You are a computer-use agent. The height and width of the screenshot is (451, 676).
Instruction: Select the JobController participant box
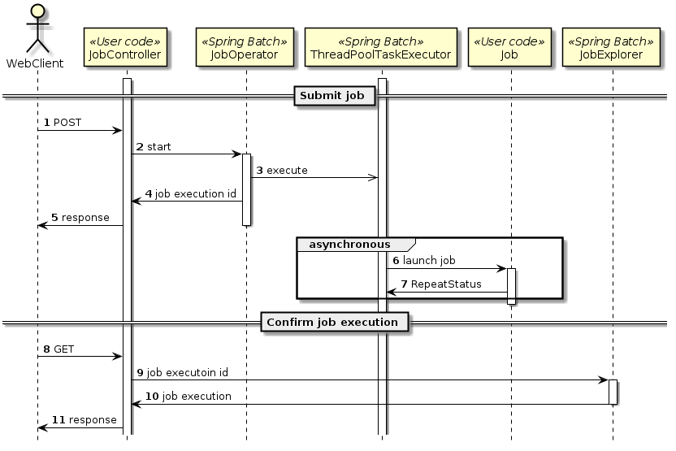[127, 48]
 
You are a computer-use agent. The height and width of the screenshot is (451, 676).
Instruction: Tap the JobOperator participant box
[245, 48]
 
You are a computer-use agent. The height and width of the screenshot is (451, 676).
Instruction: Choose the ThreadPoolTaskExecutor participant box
[380, 48]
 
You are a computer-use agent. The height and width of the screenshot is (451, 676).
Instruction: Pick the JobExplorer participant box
[611, 48]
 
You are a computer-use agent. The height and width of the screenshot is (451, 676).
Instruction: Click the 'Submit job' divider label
[334, 96]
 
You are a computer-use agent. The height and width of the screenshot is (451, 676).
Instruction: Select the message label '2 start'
[154, 147]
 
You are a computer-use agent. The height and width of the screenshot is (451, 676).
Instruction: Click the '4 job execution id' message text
[191, 194]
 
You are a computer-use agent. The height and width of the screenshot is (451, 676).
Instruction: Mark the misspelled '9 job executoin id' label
[182, 372]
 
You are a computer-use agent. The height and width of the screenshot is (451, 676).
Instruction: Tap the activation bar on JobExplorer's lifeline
[613, 392]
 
